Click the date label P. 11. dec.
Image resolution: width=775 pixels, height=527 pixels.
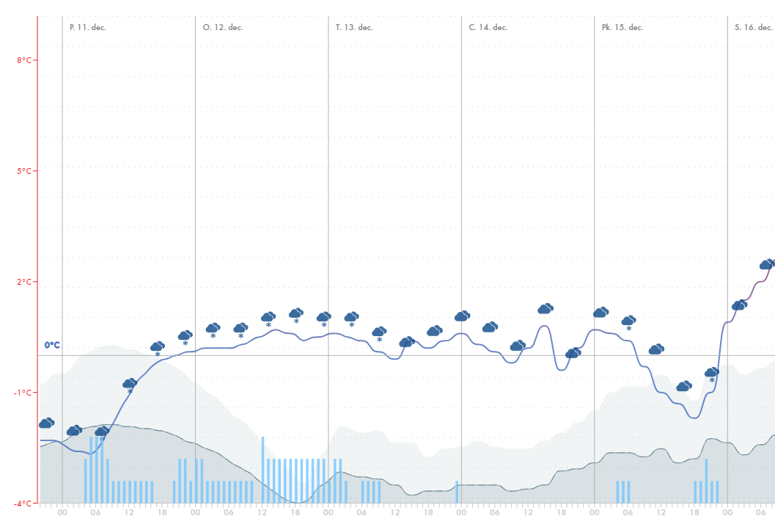(x=87, y=27)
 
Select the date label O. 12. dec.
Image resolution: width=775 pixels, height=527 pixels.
(x=222, y=27)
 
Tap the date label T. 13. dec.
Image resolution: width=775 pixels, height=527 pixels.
(x=354, y=27)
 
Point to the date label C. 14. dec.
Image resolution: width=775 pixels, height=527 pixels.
(x=488, y=27)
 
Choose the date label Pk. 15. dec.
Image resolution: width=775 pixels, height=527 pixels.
(x=622, y=27)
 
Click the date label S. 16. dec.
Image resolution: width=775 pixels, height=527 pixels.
(x=753, y=27)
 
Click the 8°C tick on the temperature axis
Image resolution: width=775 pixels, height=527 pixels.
(x=24, y=60)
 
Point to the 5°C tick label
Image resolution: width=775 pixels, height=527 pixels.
(x=24, y=171)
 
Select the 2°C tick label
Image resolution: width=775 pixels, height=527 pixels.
(x=24, y=282)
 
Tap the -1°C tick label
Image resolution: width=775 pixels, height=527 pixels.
(x=23, y=393)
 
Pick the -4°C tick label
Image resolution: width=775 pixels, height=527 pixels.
(x=23, y=504)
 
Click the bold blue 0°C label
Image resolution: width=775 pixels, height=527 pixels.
(x=52, y=345)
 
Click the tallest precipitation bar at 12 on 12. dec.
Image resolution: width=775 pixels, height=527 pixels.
(x=262, y=470)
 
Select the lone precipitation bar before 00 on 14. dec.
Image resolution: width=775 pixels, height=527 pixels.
(x=457, y=492)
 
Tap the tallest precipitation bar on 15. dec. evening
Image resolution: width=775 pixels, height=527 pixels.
(x=706, y=481)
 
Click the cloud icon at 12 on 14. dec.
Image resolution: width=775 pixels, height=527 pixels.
(x=518, y=346)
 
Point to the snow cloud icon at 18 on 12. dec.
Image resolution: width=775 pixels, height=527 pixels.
(x=296, y=313)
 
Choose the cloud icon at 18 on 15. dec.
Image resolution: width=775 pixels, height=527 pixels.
(x=683, y=386)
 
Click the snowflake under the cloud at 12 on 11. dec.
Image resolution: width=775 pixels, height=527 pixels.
(x=130, y=392)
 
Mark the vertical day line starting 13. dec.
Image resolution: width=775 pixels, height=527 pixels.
(x=328, y=220)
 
